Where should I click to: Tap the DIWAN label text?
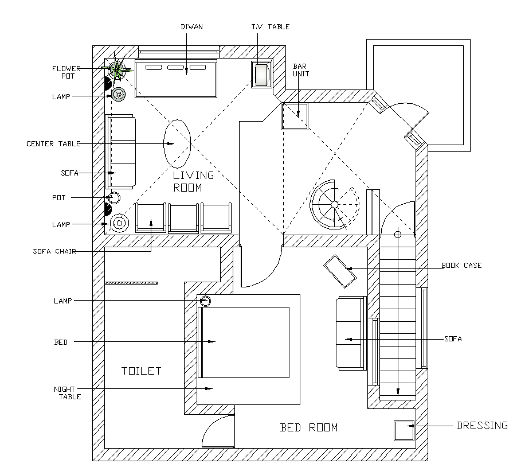click(191, 26)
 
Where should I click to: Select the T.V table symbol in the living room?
click(261, 75)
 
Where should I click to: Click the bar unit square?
click(295, 116)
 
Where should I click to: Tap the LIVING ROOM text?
click(193, 181)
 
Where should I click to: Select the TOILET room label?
click(142, 371)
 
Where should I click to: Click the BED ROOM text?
click(308, 427)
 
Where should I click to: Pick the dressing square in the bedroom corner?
click(404, 430)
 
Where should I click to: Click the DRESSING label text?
click(481, 426)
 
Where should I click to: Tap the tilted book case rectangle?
click(340, 271)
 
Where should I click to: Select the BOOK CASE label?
click(461, 266)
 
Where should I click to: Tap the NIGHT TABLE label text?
click(68, 392)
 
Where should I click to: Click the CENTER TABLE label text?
click(53, 143)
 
